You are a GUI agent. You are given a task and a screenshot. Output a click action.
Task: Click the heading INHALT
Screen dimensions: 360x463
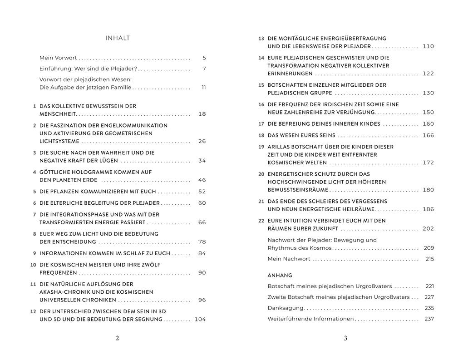pyautogui.click(x=118, y=38)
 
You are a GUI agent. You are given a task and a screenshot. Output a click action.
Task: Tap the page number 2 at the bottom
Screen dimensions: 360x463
pyautogui.click(x=118, y=338)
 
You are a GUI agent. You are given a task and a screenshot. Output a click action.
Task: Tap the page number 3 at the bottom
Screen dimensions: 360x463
pyautogui.click(x=345, y=338)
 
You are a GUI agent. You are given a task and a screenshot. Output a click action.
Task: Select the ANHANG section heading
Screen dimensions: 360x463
pyautogui.click(x=280, y=275)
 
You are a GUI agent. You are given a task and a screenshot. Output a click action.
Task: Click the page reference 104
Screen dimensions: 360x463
pyautogui.click(x=200, y=319)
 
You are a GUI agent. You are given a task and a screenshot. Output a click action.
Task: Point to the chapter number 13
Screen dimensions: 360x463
pyautogui.click(x=261, y=39)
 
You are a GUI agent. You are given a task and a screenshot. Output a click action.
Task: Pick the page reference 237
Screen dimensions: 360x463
pyautogui.click(x=429, y=319)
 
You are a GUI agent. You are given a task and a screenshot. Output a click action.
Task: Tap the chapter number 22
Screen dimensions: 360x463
pyautogui.click(x=261, y=221)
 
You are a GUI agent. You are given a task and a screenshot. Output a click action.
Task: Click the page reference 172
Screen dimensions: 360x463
pyautogui.click(x=429, y=163)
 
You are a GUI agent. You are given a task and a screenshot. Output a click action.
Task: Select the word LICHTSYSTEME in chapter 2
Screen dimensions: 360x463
pyautogui.click(x=59, y=141)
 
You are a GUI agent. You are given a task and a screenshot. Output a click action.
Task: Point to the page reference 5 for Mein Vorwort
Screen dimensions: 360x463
pyautogui.click(x=204, y=58)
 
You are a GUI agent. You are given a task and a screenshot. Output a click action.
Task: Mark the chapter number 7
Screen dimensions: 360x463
pyautogui.click(x=34, y=215)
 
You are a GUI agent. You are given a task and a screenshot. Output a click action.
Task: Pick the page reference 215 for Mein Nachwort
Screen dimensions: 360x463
pyautogui.click(x=430, y=259)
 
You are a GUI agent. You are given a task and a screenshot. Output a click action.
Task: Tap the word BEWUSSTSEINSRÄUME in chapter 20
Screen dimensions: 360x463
pyautogui.click(x=298, y=190)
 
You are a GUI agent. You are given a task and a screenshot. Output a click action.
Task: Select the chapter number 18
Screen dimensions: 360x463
pyautogui.click(x=261, y=136)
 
